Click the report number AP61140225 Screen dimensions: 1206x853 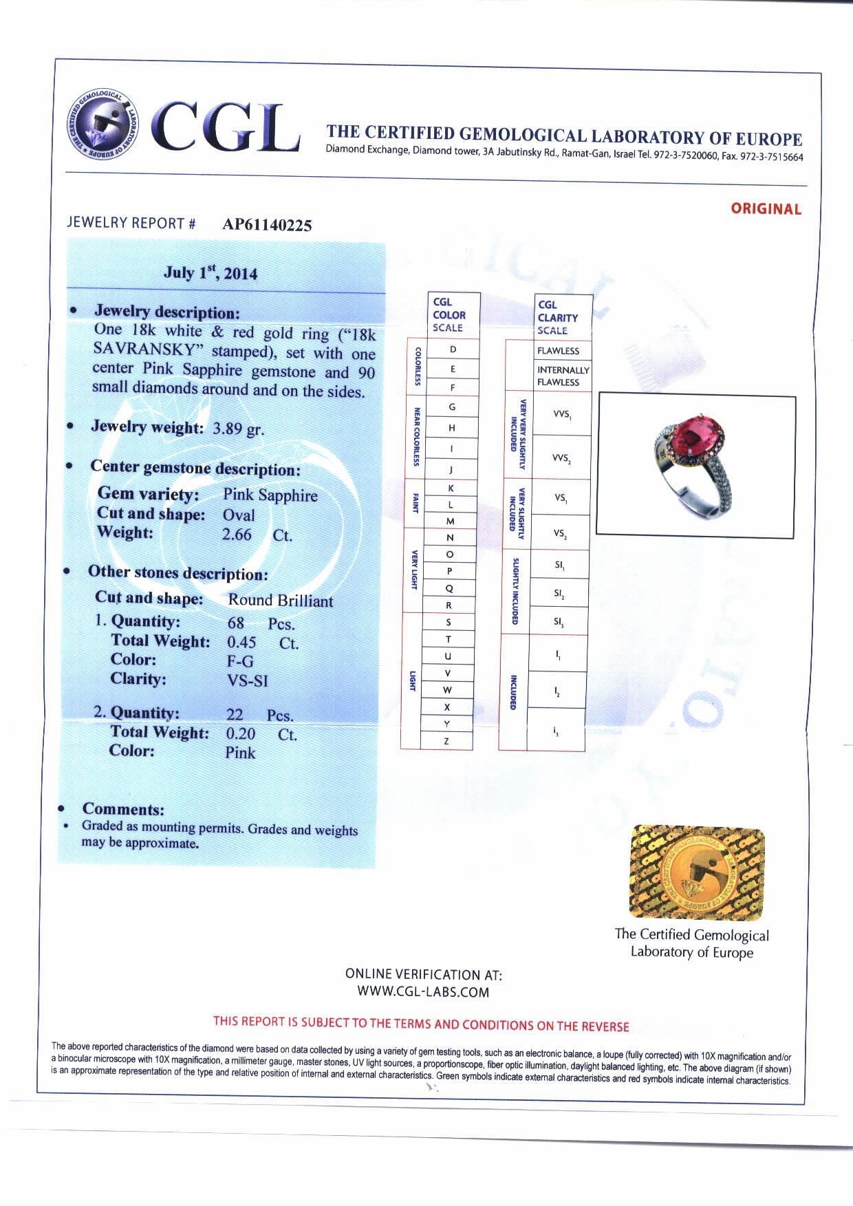click(267, 225)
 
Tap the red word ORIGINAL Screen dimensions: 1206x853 click(766, 209)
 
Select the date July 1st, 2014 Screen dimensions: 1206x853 click(210, 272)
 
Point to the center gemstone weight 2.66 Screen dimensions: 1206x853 click(237, 535)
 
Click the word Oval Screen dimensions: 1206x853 click(239, 515)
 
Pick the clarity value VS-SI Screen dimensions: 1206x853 click(247, 681)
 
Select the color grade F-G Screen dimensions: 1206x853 click(240, 661)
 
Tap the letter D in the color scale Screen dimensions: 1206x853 click(453, 349)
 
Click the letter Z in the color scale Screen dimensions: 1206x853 click(446, 742)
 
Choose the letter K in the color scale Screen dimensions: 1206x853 click(451, 488)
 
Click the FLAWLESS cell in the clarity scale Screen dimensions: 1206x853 click(558, 351)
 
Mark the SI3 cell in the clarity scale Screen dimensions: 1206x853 click(559, 622)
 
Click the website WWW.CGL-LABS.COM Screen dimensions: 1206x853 click(423, 992)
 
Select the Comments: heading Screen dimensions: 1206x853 click(123, 809)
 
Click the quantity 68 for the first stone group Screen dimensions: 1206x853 click(236, 623)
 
